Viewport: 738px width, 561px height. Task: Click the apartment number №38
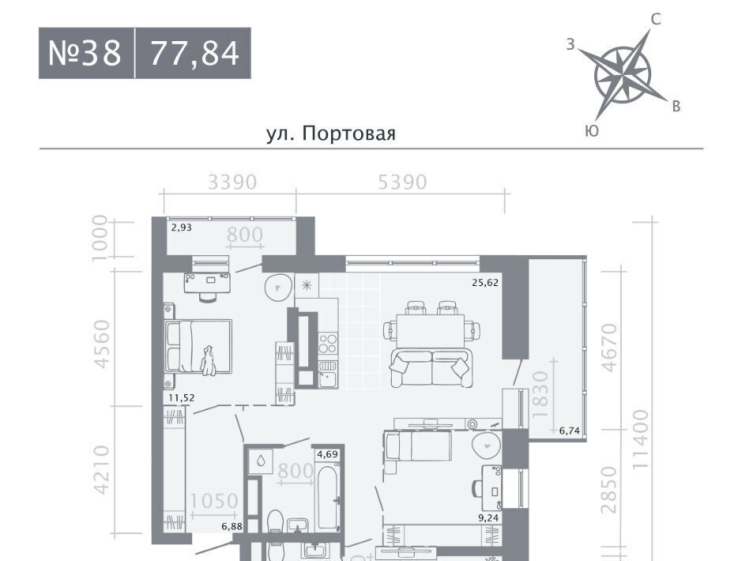coord(85,53)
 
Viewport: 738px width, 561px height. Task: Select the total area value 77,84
coord(195,53)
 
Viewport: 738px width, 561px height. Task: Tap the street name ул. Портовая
coord(331,134)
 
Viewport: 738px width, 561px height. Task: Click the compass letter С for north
coord(656,19)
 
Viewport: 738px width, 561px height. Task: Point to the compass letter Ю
coord(592,131)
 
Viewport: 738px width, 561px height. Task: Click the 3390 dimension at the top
coord(232,183)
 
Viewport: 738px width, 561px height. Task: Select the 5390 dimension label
coord(402,183)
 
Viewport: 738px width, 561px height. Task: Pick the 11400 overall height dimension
coord(641,439)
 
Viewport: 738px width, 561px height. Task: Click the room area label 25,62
coord(485,283)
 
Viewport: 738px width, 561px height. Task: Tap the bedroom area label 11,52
coord(182,398)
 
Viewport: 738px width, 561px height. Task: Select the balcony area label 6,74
coord(570,430)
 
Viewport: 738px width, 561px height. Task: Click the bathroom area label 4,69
coord(328,454)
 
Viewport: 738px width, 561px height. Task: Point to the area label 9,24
coord(488,518)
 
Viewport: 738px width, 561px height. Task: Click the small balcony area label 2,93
coord(182,228)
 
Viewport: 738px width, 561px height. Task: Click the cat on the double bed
coord(208,360)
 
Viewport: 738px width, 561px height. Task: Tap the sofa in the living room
coord(431,368)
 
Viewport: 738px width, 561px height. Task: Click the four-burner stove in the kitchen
coord(328,343)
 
